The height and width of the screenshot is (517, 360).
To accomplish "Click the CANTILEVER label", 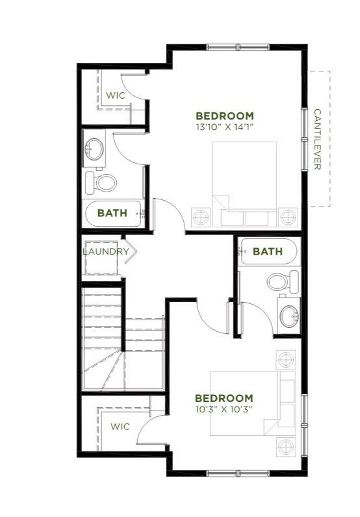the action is click(317, 140).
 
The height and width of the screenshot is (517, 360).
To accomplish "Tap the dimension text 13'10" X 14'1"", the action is click(225, 127).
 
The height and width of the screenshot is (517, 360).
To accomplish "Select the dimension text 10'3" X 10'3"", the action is click(224, 409).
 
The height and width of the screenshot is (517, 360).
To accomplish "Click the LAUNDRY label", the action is click(105, 251).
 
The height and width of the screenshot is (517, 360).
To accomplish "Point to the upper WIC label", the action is click(116, 95).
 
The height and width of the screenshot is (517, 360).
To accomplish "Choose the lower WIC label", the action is click(120, 426).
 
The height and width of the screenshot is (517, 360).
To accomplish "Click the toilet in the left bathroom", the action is click(101, 183).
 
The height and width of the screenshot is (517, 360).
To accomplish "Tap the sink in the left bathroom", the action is click(94, 149).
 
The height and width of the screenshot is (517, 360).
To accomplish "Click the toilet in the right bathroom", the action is click(283, 283).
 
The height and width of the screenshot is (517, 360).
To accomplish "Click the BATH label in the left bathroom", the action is click(112, 213).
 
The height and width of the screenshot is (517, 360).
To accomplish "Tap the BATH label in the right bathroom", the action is click(268, 251).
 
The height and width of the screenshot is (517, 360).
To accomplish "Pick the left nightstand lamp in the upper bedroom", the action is click(201, 217).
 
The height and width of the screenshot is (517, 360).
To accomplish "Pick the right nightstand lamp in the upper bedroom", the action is click(289, 217).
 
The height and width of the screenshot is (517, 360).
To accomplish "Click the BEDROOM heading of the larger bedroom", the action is click(225, 116).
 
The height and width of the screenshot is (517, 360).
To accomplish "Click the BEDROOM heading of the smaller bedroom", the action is click(224, 398).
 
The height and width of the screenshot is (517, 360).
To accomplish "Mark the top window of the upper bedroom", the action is click(238, 47).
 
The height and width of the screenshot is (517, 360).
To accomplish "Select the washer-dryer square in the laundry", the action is click(101, 258).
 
